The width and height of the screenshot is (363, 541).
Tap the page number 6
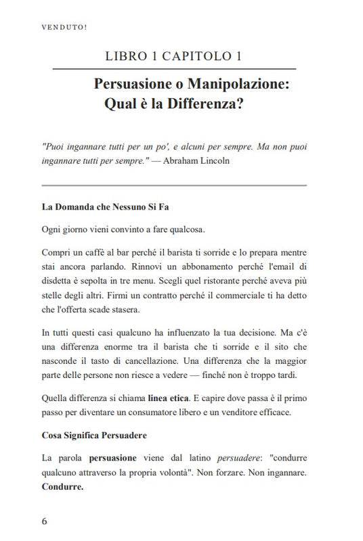click(45, 521)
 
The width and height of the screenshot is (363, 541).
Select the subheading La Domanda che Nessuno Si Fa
click(106, 206)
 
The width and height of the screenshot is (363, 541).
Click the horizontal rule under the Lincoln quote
click(174, 185)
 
